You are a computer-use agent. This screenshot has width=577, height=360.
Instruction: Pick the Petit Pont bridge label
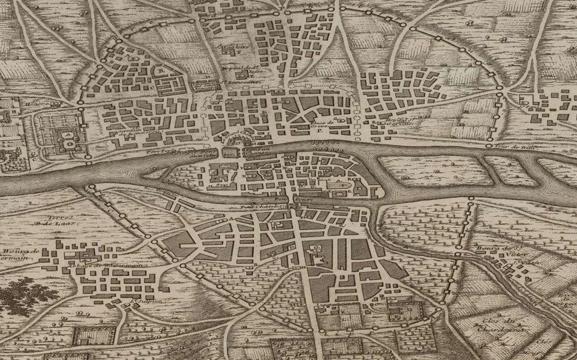285,198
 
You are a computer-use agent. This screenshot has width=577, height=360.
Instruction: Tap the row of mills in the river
323,142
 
